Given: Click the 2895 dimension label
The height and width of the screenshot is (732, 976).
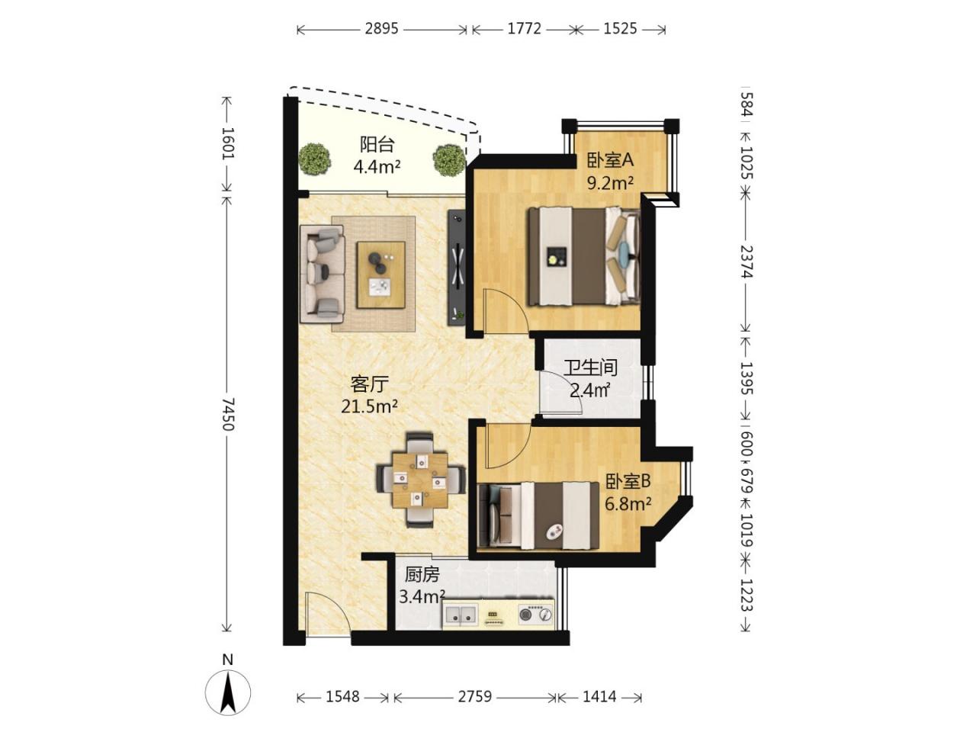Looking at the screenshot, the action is coord(381,29).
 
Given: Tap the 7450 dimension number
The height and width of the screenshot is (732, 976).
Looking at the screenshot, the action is coord(228,414).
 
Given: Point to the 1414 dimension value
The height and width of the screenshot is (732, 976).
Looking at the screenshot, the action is coord(599,696).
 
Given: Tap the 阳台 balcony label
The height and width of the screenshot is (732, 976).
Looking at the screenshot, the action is coord(377,144).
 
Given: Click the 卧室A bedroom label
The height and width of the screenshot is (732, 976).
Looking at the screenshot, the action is coord(610,160).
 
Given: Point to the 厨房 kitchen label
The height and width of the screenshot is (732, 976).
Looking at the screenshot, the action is coord(422,575).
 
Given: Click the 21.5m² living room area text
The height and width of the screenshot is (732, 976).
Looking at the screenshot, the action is coord(369,406).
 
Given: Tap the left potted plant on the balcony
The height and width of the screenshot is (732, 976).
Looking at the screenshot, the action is coord(314,159).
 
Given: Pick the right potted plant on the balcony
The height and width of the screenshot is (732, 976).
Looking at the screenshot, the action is coord(449,160).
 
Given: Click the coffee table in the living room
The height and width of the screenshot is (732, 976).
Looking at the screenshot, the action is coord(381,274).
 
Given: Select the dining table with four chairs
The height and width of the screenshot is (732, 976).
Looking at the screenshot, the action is coord(420,480).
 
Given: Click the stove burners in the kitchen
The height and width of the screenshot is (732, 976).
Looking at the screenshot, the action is coord(536,615).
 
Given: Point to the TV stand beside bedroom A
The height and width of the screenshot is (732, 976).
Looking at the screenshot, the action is coord(457,267).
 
